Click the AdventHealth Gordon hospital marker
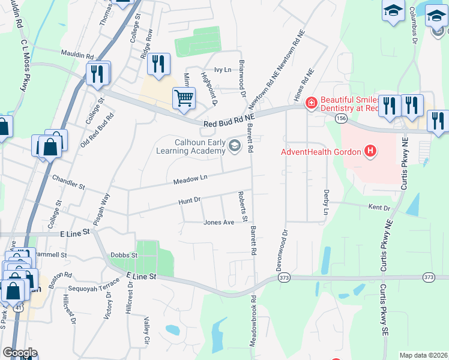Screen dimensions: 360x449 coord(370,151)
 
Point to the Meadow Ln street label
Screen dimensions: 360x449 coord(190,179)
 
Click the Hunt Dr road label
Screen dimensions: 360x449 coord(189,202)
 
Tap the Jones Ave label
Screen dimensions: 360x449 coord(218,222)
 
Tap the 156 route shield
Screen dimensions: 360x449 coord(342,119)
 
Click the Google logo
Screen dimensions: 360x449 coord(20,353)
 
